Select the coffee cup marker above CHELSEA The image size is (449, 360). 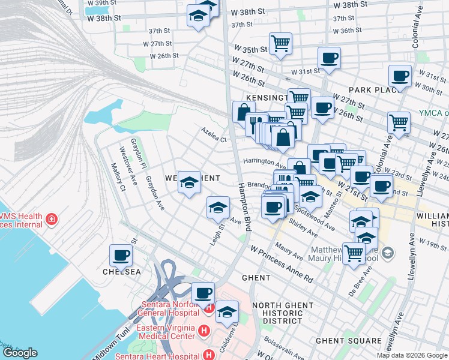121,255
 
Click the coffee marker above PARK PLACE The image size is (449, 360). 400,76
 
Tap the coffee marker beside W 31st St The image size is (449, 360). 329,58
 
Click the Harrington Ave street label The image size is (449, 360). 264,163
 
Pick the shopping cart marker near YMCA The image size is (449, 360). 399,122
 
